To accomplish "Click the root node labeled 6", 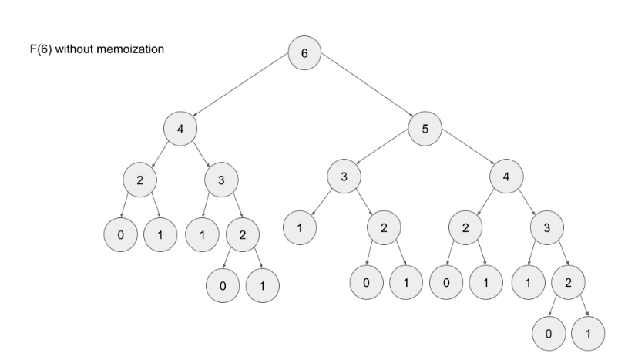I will (304, 52).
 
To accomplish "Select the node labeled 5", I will (425, 129).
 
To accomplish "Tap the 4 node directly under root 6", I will (180, 128).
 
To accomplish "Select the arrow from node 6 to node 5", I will (365, 90).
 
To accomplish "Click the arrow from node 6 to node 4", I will (242, 90).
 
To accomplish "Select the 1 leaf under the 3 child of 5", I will (301, 227).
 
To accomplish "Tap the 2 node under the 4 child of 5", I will (465, 227).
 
